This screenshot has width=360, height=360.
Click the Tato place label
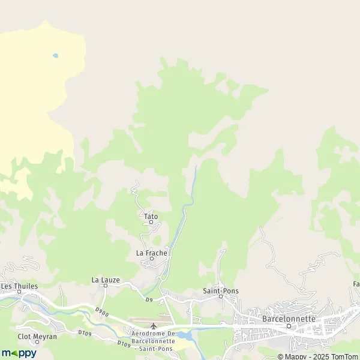[x=151, y=216]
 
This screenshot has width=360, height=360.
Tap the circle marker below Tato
[x=151, y=222]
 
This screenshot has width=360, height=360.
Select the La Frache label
[x=152, y=253]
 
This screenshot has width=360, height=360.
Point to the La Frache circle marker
[x=152, y=259]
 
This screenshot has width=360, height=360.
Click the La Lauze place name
[x=106, y=280]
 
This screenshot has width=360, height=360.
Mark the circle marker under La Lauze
[x=106, y=286]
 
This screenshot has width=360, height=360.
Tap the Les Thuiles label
[x=19, y=286]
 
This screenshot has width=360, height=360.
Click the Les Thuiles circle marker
[x=19, y=292]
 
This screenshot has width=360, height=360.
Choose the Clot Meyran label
[x=37, y=337]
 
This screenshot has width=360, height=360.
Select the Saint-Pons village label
[x=221, y=291]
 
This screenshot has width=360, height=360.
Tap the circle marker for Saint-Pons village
[x=221, y=296]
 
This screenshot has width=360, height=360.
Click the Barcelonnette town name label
[x=289, y=319]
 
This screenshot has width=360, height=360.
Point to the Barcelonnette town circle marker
[x=289, y=326]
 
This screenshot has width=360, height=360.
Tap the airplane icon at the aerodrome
[x=154, y=326]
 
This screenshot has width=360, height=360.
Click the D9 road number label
[x=149, y=299]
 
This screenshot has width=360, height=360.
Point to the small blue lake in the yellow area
[x=55, y=56]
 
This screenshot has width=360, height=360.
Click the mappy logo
[x=19, y=353]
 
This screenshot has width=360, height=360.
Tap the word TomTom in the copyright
[x=344, y=356]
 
